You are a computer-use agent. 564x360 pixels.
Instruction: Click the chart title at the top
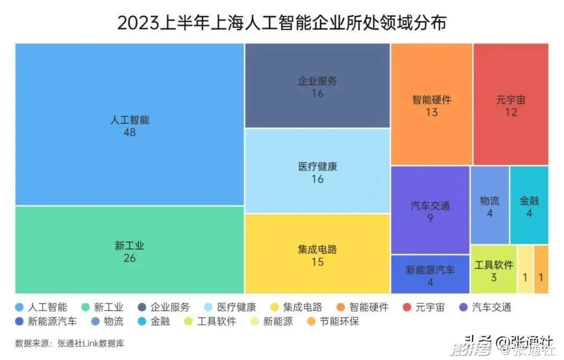pos(281,23)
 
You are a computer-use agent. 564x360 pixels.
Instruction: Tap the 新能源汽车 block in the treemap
pos(430,274)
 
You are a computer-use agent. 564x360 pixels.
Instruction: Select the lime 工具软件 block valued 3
pos(494,270)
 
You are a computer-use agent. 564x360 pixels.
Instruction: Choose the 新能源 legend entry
pos(272,321)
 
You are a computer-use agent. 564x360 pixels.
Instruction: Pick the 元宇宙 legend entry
pos(424,307)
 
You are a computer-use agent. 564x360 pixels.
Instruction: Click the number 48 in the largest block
pos(130,132)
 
